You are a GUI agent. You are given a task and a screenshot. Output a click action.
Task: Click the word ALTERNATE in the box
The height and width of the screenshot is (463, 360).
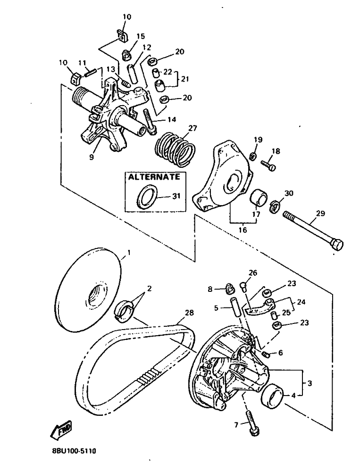(154, 177)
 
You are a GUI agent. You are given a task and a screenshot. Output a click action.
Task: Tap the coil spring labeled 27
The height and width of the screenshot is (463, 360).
(175, 149)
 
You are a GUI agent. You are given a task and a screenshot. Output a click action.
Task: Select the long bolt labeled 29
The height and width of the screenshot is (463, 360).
(313, 230)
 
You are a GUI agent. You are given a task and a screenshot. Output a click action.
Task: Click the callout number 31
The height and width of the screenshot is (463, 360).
(176, 196)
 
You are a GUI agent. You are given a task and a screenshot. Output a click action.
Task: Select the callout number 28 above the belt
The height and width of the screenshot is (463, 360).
(190, 313)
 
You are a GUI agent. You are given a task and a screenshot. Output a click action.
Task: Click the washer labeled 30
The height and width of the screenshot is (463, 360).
(275, 206)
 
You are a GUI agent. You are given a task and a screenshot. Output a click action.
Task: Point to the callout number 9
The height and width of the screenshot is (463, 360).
(92, 157)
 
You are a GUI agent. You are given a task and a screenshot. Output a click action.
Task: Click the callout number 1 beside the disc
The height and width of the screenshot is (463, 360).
(128, 253)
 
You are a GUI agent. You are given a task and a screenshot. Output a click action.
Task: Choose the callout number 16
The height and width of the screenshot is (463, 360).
(243, 230)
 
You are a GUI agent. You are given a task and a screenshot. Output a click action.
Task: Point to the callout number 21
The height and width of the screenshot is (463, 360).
(185, 79)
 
